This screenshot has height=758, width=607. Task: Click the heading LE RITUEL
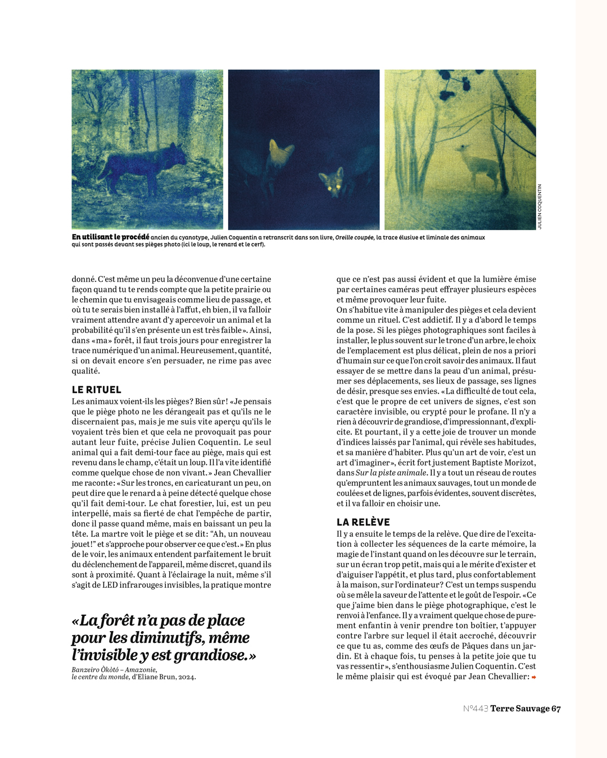96,390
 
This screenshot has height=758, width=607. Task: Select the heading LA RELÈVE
363,522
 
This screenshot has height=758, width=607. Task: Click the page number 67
556,709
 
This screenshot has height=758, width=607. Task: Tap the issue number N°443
475,709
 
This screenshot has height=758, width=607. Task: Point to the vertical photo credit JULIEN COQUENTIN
540,207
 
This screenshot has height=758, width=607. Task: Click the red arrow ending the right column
533,677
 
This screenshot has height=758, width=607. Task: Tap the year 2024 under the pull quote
186,677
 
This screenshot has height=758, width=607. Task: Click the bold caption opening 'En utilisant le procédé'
110,237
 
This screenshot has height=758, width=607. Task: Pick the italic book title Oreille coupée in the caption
354,238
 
